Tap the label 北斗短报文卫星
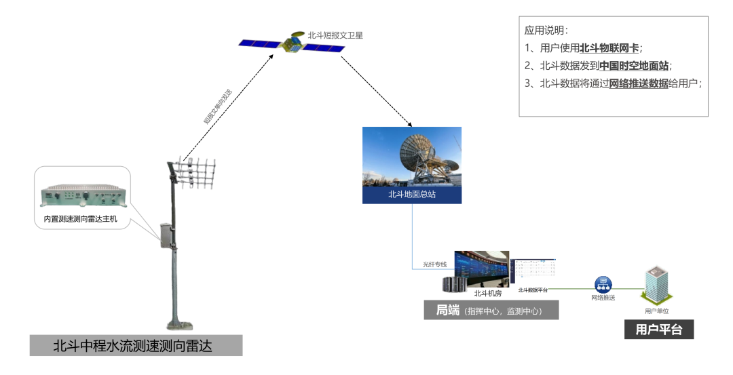pyautogui.click(x=335, y=35)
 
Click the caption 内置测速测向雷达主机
pyautogui.click(x=81, y=219)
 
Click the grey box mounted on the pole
pyautogui.click(x=166, y=235)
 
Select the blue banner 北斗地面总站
pyautogui.click(x=411, y=194)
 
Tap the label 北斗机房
pyautogui.click(x=487, y=294)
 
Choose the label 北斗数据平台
pyautogui.click(x=533, y=290)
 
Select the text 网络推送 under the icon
pyautogui.click(x=603, y=298)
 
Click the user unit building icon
pyautogui.click(x=656, y=285)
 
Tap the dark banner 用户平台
pyautogui.click(x=659, y=330)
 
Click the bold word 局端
pyautogui.click(x=447, y=311)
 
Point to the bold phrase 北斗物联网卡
pyautogui.click(x=609, y=48)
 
